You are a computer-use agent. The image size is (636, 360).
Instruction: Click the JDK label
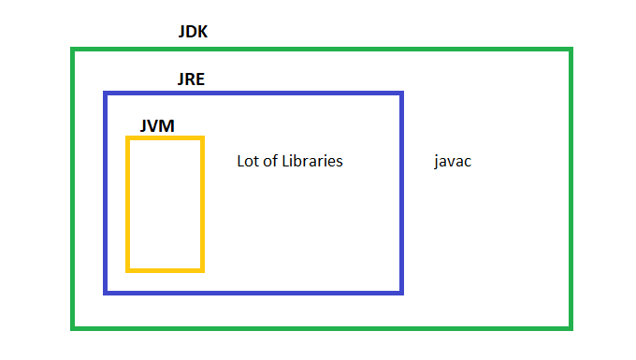point(193,32)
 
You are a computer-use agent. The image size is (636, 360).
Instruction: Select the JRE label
point(191,79)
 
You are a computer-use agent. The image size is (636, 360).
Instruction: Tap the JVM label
point(156,124)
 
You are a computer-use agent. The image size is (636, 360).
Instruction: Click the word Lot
point(249,161)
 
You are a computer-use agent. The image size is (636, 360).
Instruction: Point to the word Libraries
point(312,161)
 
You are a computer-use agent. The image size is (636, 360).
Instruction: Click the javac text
point(453,161)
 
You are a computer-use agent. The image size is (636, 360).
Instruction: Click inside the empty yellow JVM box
point(166,204)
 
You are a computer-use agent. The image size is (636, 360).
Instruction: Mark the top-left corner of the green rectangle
point(73,49)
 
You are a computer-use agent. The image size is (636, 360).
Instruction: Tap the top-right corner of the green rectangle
point(570,49)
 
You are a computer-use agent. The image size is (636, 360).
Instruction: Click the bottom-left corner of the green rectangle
point(73,327)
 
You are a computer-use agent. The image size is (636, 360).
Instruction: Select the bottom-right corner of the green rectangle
point(570,327)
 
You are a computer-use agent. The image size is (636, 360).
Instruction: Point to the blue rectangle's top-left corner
point(106,94)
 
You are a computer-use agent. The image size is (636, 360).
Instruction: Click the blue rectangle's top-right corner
point(401,94)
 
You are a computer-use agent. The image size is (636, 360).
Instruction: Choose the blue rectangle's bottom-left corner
point(106,292)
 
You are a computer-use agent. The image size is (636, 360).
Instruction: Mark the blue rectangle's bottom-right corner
point(401,292)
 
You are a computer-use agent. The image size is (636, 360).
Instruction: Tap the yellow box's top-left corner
point(128,138)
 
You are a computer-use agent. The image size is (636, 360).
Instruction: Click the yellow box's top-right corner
point(202,138)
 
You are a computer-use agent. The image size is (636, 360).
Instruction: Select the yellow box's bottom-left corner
point(128,270)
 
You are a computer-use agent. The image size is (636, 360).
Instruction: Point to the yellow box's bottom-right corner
point(202,270)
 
